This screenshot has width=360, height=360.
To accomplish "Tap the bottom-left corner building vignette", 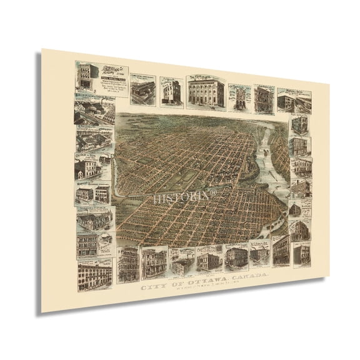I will pos(93,272).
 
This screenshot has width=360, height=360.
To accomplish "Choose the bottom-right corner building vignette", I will pos(299,248).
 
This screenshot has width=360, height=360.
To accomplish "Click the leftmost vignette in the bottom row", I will pos(127,262).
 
